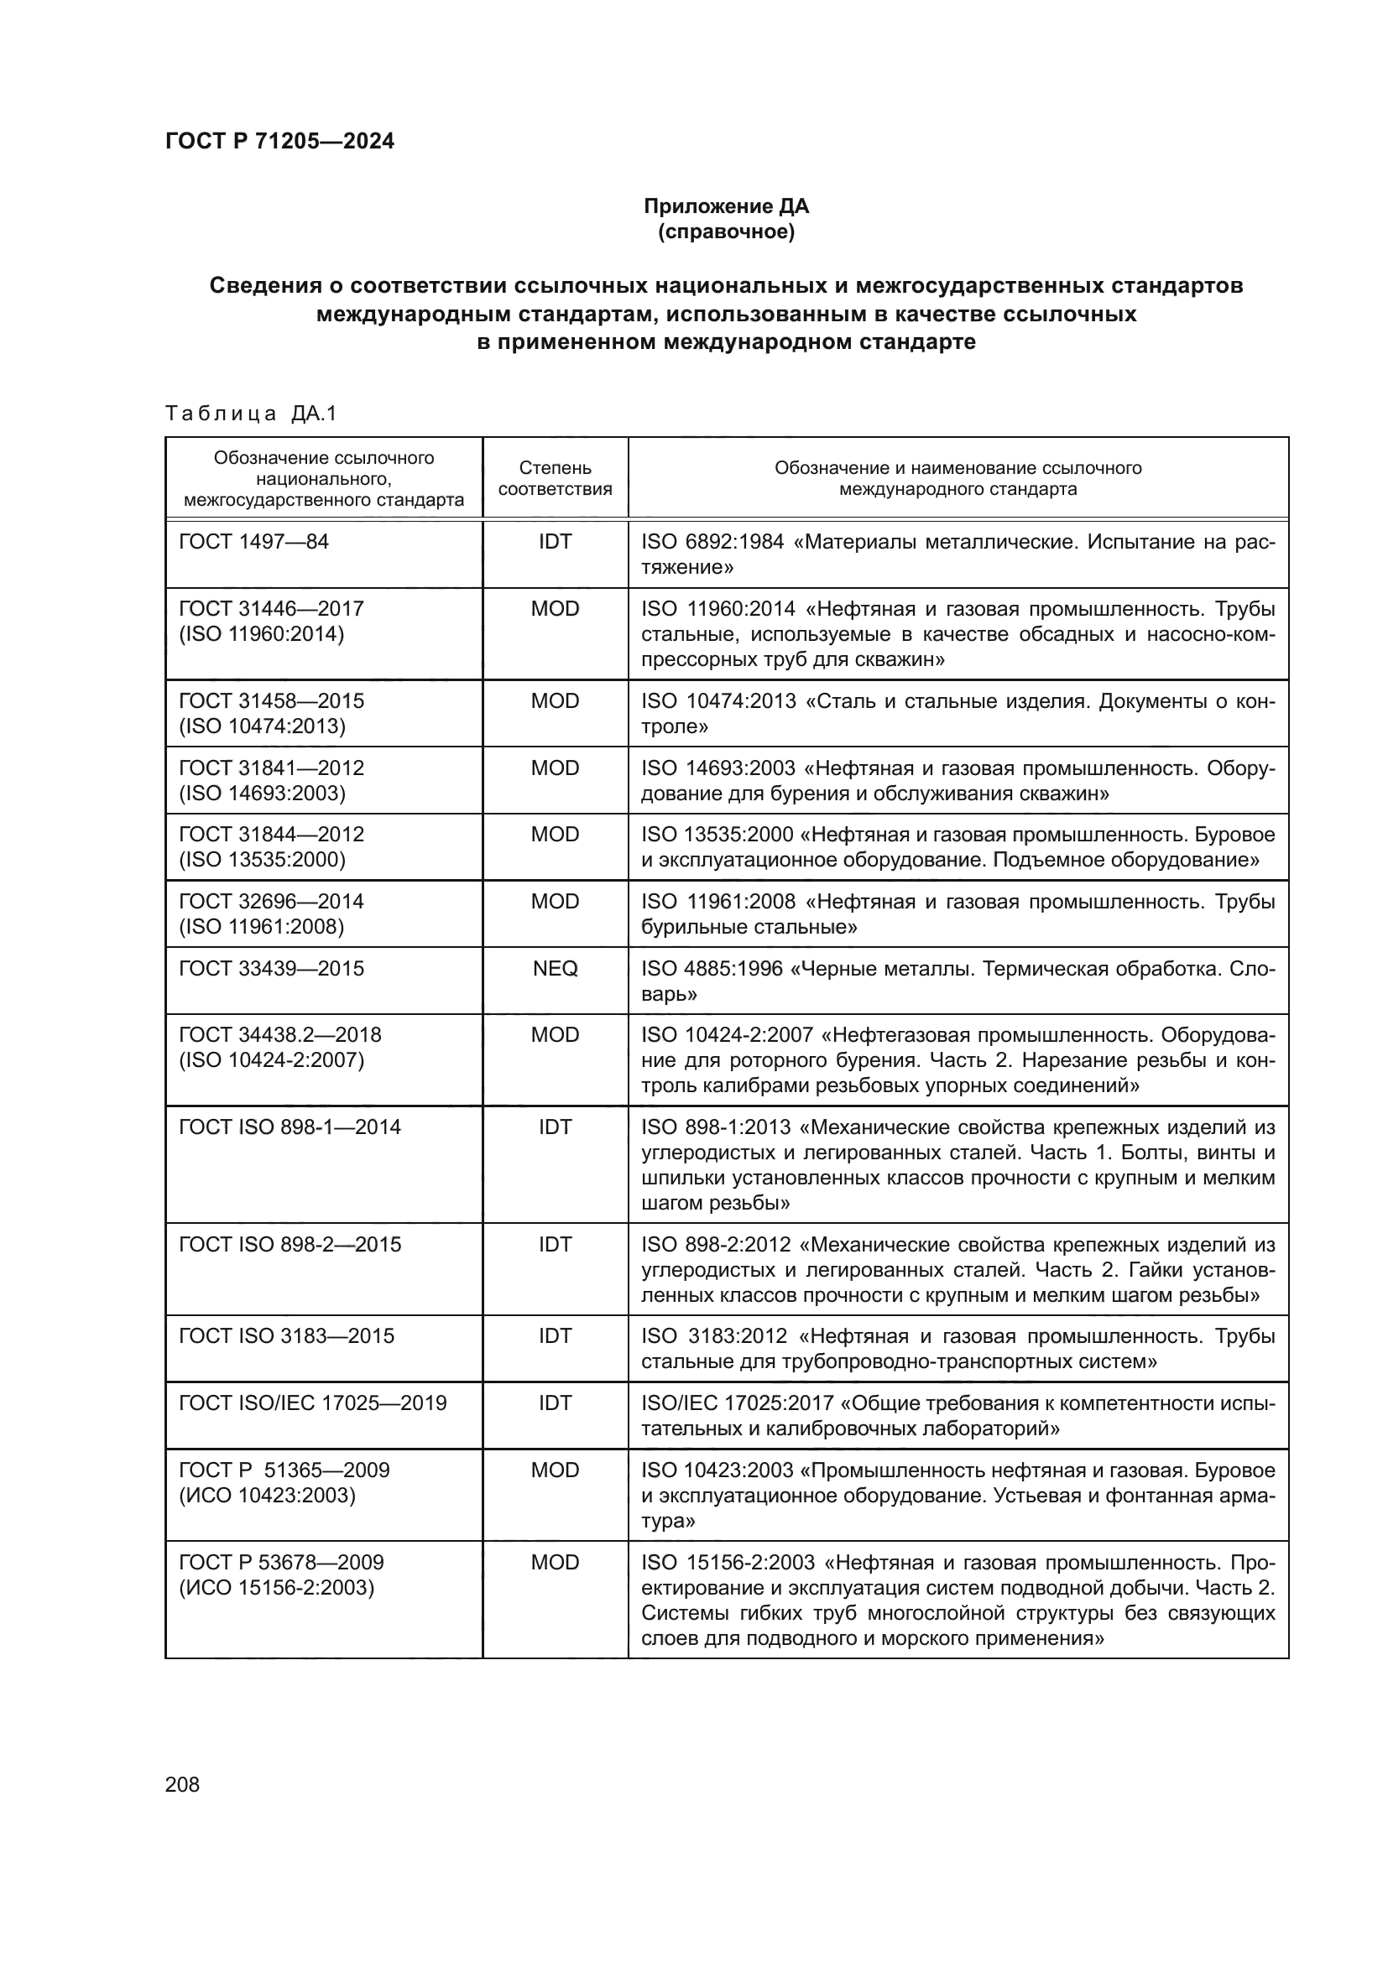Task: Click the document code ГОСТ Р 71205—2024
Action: click(279, 142)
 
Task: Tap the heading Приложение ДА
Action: click(726, 206)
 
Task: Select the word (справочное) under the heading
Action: click(726, 232)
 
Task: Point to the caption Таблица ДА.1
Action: click(251, 414)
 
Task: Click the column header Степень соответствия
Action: click(555, 478)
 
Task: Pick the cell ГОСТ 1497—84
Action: click(253, 542)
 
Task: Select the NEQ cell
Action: click(555, 968)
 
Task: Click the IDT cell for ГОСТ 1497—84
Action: click(555, 542)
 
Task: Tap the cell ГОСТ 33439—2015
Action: click(271, 968)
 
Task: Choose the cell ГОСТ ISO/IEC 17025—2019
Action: click(312, 1403)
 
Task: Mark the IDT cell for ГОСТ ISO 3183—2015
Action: click(555, 1336)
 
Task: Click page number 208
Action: click(182, 1785)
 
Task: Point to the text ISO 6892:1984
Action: click(712, 543)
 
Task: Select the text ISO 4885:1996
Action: click(711, 969)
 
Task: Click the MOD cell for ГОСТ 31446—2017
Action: click(555, 609)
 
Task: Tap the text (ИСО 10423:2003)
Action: click(267, 1496)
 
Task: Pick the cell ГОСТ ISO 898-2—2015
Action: click(290, 1245)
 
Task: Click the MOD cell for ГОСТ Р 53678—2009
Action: click(555, 1563)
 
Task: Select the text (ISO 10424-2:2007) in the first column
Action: click(271, 1060)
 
